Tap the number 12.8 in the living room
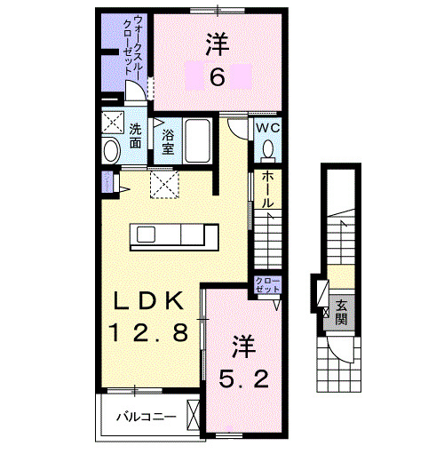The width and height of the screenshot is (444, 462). (148, 333)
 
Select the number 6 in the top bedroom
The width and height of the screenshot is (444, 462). (217, 78)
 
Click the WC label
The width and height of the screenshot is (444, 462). (266, 129)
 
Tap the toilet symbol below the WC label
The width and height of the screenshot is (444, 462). (267, 150)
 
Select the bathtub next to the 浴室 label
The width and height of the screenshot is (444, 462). (198, 139)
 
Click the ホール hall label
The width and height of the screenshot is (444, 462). (267, 188)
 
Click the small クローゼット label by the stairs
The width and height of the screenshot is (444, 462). (267, 286)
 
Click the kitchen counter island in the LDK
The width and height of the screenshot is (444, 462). (176, 237)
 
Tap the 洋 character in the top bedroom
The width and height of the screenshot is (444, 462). (217, 42)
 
